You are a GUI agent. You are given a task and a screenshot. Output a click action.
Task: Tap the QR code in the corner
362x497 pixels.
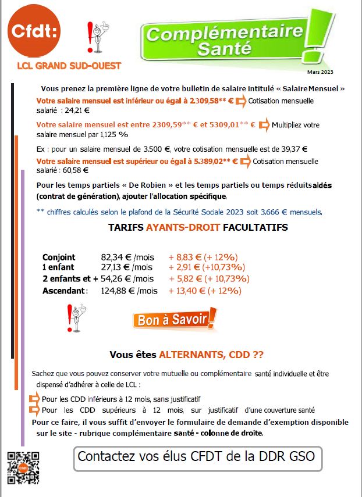23,468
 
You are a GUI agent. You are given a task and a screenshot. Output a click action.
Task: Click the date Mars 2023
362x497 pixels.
321,71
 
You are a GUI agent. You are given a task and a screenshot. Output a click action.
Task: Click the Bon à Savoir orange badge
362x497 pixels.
175,319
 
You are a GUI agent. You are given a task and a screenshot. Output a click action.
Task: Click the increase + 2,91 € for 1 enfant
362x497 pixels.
184,268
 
